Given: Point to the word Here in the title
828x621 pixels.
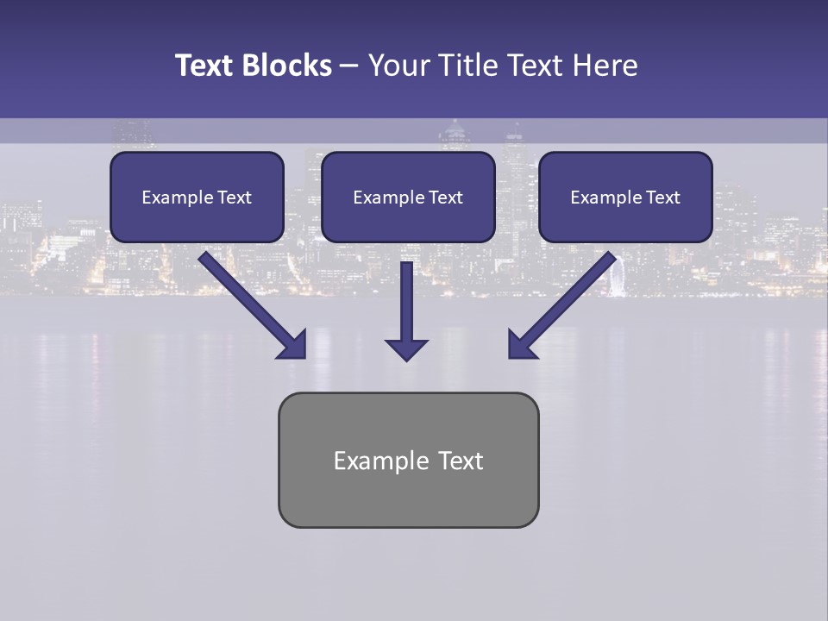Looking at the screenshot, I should (x=604, y=66).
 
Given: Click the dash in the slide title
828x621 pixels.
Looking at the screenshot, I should (x=349, y=66).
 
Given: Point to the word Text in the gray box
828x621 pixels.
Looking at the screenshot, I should (x=461, y=461).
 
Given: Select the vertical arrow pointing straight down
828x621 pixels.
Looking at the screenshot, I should (x=406, y=302).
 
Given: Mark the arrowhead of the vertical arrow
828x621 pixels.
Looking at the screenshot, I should (x=406, y=349).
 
